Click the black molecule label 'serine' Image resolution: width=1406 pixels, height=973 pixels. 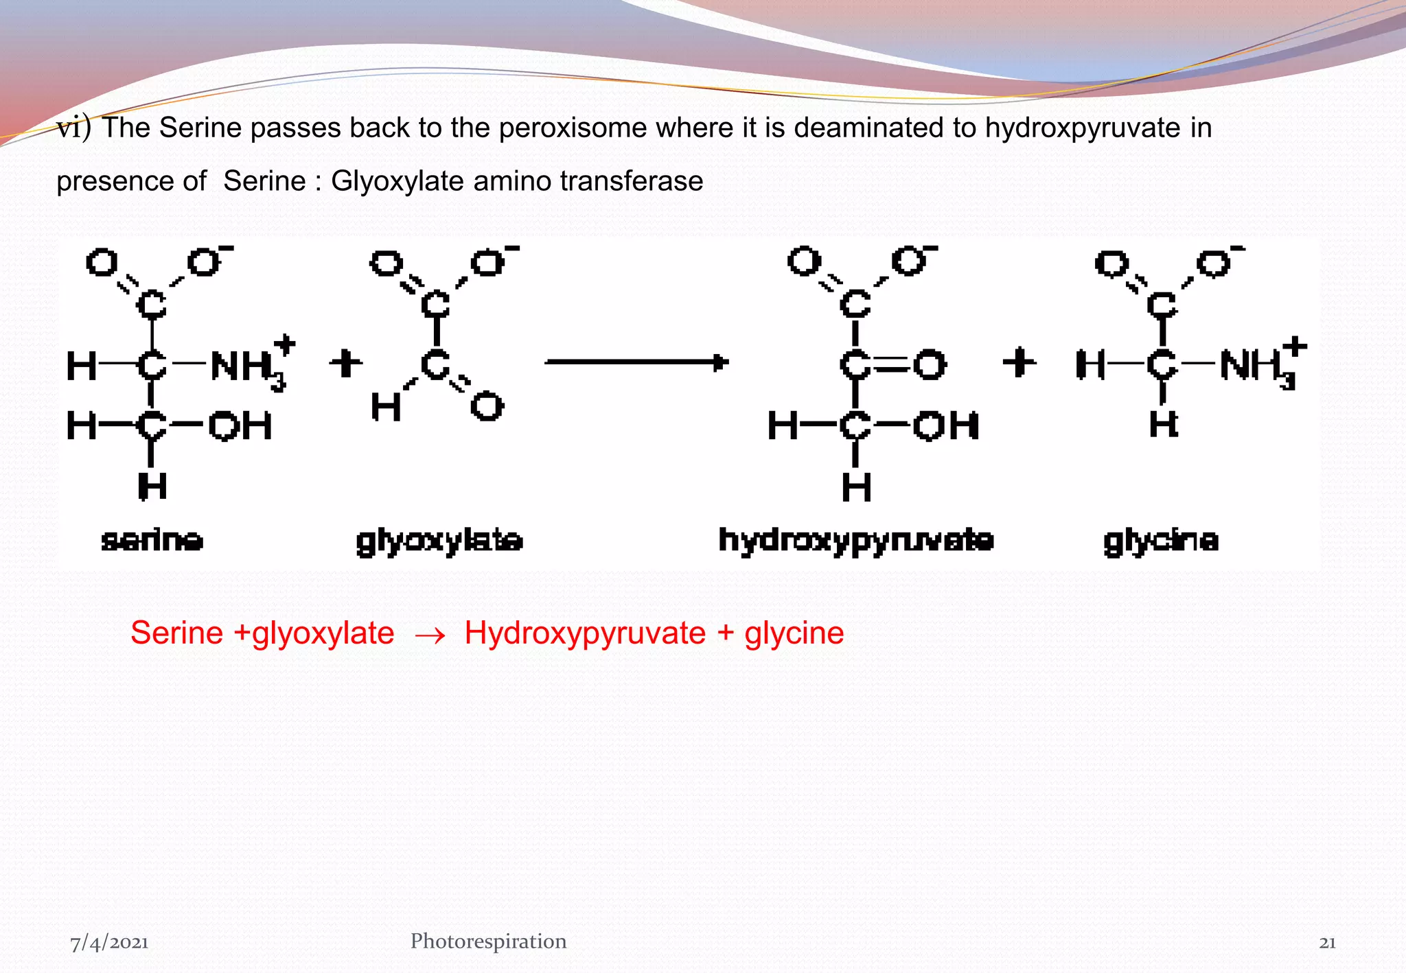pos(152,541)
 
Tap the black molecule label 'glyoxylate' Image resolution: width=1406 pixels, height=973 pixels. pos(439,541)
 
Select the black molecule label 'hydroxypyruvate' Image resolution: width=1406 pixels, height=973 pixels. pos(855,541)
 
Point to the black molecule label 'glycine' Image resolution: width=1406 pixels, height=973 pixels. pos(1161,541)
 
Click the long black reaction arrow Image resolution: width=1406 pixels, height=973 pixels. pos(636,362)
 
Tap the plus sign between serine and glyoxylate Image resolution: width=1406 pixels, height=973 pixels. pos(345,363)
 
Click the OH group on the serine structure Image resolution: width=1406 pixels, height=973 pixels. pos(240,426)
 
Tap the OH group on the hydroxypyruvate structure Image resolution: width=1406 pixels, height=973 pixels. pos(945,426)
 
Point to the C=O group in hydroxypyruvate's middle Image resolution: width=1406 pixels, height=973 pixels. pos(892,365)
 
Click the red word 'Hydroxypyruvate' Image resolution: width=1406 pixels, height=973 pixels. pos(585,633)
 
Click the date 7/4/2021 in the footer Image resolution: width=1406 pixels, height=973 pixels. pos(110,943)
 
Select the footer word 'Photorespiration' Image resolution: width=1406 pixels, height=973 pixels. pos(488,941)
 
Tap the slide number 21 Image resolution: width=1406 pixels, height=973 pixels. pos(1327,943)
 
